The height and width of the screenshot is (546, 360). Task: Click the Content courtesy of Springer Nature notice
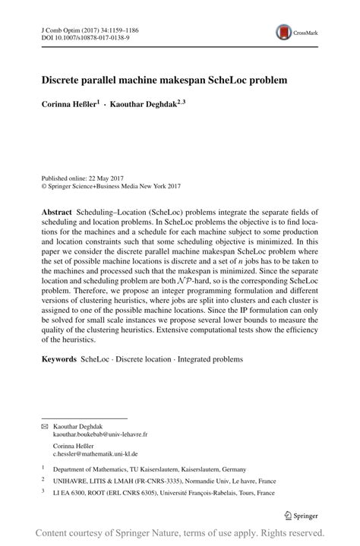pyautogui.click(x=180, y=533)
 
